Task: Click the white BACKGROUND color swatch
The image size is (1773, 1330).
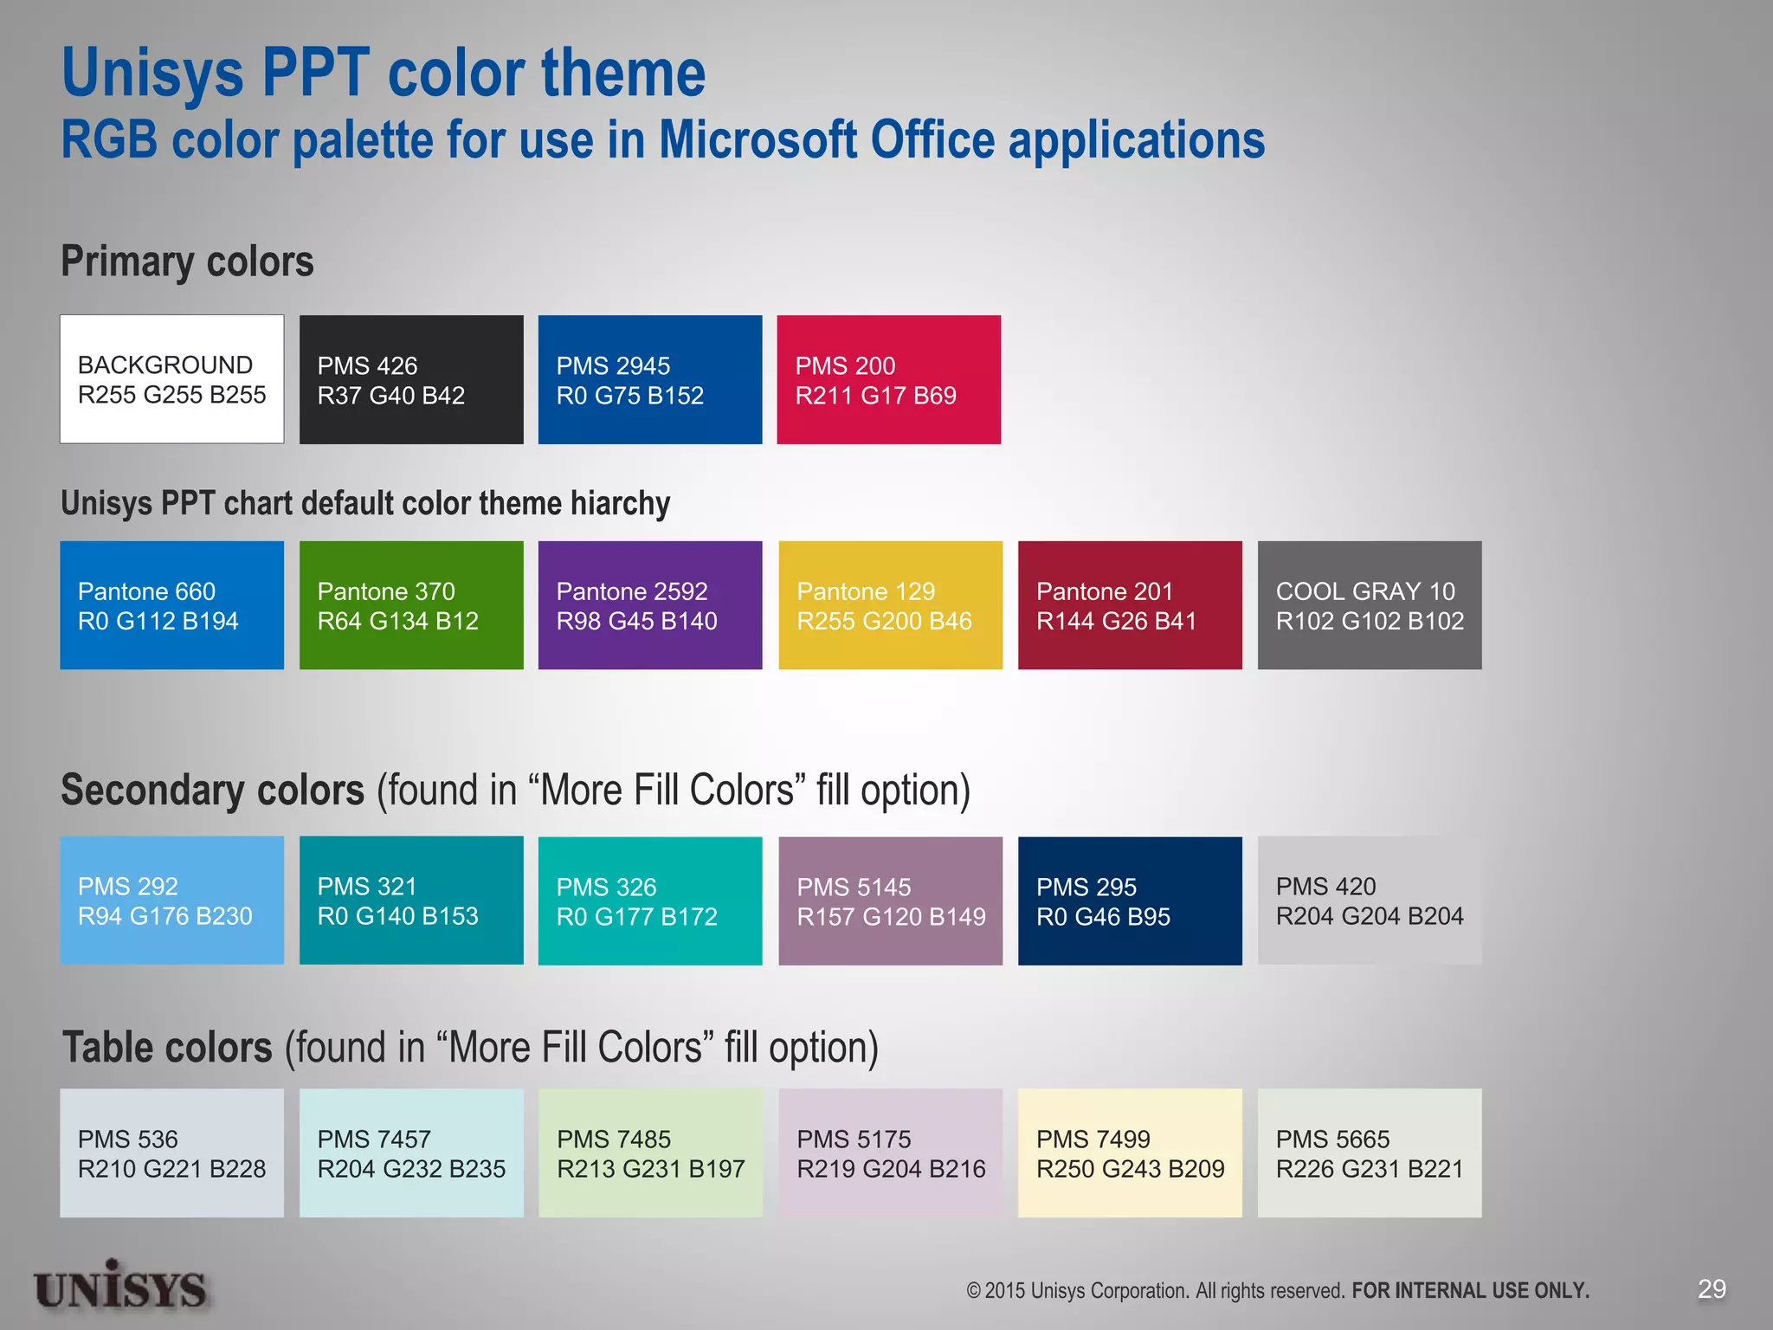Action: pyautogui.click(x=171, y=379)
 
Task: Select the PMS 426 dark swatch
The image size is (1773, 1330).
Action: pyautogui.click(x=411, y=379)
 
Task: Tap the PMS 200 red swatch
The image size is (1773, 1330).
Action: pyautogui.click(x=888, y=379)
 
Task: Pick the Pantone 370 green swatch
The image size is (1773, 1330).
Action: pyautogui.click(x=411, y=605)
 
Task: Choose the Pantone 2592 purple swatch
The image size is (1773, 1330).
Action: pyautogui.click(x=650, y=605)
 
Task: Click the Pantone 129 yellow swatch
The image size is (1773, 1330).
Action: pyautogui.click(x=890, y=605)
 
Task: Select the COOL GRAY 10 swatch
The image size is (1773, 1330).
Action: pyautogui.click(x=1370, y=605)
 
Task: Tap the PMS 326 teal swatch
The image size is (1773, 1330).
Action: pyautogui.click(x=650, y=901)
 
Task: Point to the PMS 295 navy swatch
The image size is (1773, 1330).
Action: pyautogui.click(x=1130, y=901)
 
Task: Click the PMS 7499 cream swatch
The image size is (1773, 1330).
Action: pyautogui.click(x=1130, y=1153)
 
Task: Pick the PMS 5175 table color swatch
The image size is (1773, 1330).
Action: pyautogui.click(x=890, y=1153)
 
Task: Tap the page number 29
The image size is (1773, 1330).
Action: pyautogui.click(x=1712, y=1289)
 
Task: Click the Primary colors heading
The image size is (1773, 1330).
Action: pyautogui.click(x=187, y=261)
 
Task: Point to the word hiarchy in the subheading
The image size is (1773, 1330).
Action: pyautogui.click(x=620, y=504)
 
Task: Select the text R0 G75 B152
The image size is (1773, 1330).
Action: pyautogui.click(x=629, y=396)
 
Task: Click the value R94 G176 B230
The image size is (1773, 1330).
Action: pyautogui.click(x=165, y=916)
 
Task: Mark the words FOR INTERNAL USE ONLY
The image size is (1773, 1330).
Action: pyautogui.click(x=1470, y=1291)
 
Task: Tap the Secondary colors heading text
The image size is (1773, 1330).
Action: pyautogui.click(x=213, y=791)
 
